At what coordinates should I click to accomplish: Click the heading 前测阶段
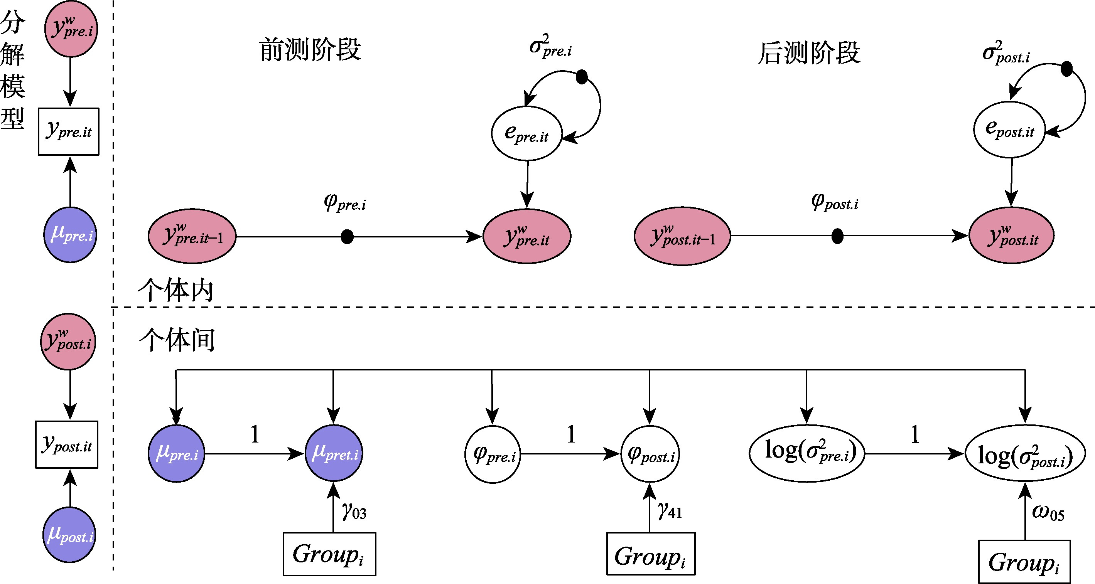tap(310, 50)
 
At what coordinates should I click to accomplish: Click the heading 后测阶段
tap(809, 53)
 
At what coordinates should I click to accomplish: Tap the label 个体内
tap(175, 290)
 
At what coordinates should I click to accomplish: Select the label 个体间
tap(177, 339)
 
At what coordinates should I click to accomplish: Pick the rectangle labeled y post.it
tap(67, 445)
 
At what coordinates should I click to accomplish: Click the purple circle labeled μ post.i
tap(70, 535)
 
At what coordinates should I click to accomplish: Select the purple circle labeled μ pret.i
tap(334, 453)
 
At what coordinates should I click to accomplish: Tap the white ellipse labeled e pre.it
tap(526, 133)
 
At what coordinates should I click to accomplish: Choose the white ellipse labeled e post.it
tap(1009, 129)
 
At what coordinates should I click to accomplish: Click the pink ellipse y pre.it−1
tap(192, 236)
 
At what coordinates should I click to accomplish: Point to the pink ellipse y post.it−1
tap(682, 236)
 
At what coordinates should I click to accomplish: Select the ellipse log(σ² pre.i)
tap(807, 453)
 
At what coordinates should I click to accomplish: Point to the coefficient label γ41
tap(670, 510)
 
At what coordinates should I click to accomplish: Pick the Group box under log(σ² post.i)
tap(1024, 562)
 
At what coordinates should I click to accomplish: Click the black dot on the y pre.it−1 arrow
tap(347, 237)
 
